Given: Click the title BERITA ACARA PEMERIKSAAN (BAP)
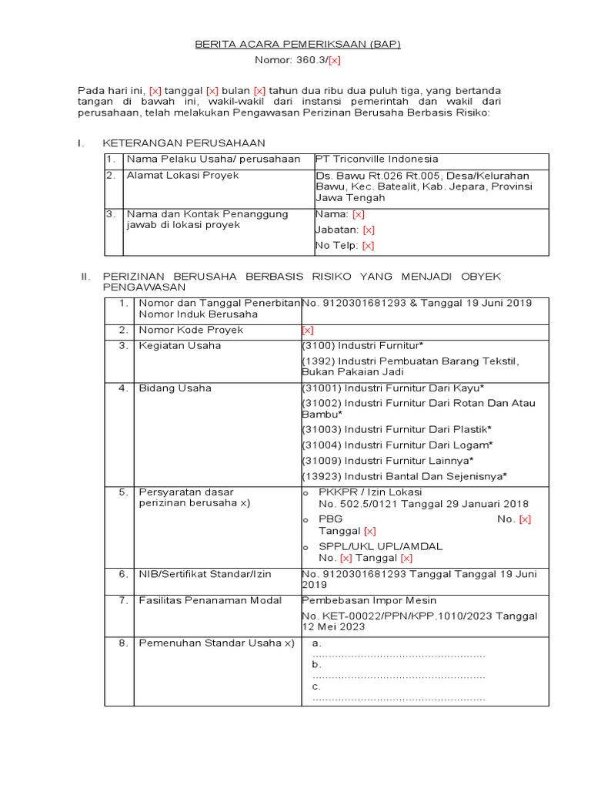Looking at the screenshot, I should [x=296, y=45].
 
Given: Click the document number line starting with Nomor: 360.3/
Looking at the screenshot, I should [x=297, y=60].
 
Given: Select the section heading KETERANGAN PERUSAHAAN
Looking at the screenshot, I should [x=184, y=143].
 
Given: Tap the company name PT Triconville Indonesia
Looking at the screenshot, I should [x=376, y=159].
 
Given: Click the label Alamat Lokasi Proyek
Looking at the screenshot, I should [x=182, y=175].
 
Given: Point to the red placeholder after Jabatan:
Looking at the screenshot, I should [x=369, y=230].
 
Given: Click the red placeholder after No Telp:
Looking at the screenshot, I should [x=368, y=246].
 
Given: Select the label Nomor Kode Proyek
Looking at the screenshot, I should [x=180, y=330].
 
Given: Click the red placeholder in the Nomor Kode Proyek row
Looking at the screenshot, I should [x=308, y=331].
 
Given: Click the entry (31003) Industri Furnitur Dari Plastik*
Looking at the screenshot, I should [x=396, y=429].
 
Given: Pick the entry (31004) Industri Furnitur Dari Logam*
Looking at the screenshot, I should [x=396, y=445].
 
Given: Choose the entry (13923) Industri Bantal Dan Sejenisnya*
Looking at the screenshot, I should [x=404, y=475].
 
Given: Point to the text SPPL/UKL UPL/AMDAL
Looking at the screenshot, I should [x=381, y=546].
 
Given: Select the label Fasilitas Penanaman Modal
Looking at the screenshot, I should [x=210, y=600].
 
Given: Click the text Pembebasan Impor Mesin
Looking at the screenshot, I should [x=369, y=600].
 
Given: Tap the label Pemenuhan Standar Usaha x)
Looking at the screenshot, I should [x=216, y=643].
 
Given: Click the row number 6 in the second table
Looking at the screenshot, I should [x=123, y=574].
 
